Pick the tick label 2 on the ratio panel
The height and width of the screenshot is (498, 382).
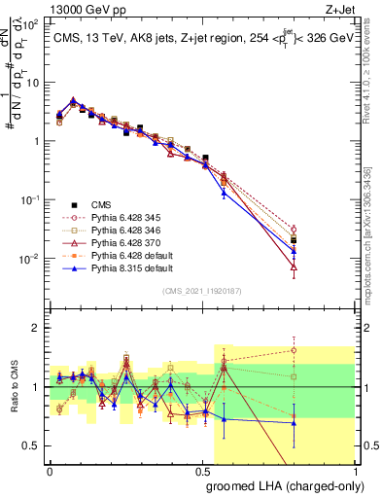pyautogui.click(x=36, y=328)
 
